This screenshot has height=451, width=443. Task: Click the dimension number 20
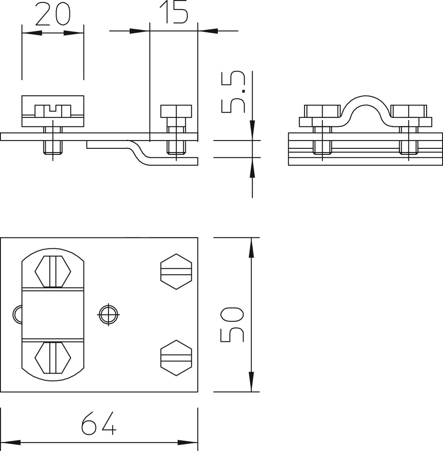coord(53,14)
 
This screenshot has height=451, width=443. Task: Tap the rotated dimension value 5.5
coord(233,92)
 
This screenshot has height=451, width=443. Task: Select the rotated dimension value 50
coord(232,325)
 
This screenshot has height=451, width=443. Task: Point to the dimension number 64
coord(99,423)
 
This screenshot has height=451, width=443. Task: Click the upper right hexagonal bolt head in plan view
coord(176,272)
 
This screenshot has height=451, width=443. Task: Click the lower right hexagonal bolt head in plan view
coord(176,358)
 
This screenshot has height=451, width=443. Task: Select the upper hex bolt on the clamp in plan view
coord(53,272)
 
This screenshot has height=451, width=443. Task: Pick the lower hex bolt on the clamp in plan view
coord(53,357)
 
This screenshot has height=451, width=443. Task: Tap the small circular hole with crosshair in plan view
coord(108,314)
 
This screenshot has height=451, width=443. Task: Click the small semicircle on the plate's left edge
coord(17,314)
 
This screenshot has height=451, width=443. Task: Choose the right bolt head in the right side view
coord(408,111)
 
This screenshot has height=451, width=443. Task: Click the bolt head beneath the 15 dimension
coord(176,111)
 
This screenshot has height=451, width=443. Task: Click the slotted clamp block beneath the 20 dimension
coord(53,111)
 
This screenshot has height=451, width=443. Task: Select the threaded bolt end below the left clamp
coord(53,147)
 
